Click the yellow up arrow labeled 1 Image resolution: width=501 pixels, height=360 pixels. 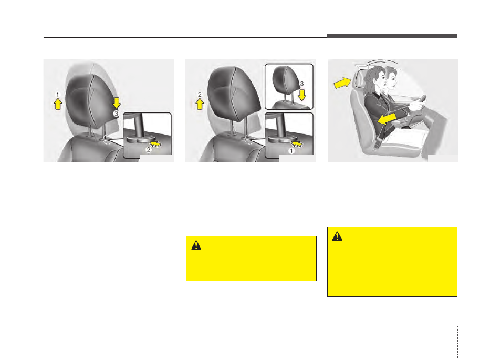58,104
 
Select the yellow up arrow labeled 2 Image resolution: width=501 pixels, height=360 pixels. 200,104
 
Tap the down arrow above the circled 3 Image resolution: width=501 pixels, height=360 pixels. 117,103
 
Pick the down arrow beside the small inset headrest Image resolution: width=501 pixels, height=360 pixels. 302,95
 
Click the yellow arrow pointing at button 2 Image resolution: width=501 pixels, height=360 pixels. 155,144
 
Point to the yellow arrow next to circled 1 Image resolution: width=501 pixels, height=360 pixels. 297,144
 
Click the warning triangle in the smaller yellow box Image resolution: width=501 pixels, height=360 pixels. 196,245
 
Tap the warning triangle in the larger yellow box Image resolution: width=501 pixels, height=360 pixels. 337,236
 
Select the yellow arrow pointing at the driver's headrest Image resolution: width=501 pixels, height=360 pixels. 342,83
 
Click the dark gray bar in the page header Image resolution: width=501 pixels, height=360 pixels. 392,36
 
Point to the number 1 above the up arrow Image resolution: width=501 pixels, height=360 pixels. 58,95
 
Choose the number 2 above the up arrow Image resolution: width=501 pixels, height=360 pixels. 200,95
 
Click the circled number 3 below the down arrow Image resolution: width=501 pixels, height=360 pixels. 116,114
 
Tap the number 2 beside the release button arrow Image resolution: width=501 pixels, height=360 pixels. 149,150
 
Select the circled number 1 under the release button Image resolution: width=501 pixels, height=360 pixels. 291,151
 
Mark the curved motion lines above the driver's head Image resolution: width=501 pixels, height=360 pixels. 382,61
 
